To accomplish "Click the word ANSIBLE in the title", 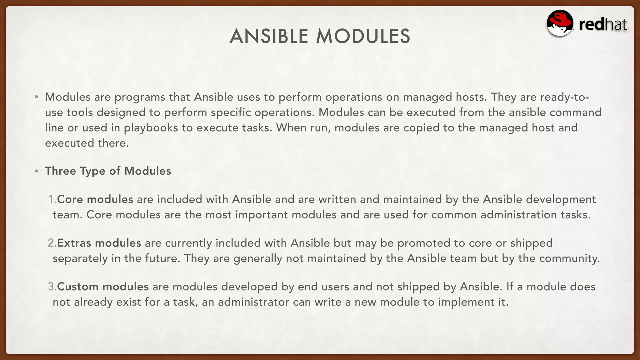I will (269, 36).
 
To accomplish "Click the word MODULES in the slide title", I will (363, 36).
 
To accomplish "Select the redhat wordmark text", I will (603, 25).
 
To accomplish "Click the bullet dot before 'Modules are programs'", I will (37, 97).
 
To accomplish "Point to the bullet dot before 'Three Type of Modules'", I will (37, 171).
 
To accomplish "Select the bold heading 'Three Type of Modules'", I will (108, 171).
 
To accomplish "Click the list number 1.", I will (52, 199).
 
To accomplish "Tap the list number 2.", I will (52, 243).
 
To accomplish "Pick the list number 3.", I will (52, 287).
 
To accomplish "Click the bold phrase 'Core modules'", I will (95, 199).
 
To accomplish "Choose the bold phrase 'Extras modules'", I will (99, 243).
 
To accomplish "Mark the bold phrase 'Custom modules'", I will (103, 287).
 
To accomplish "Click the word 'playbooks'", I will (151, 128).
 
